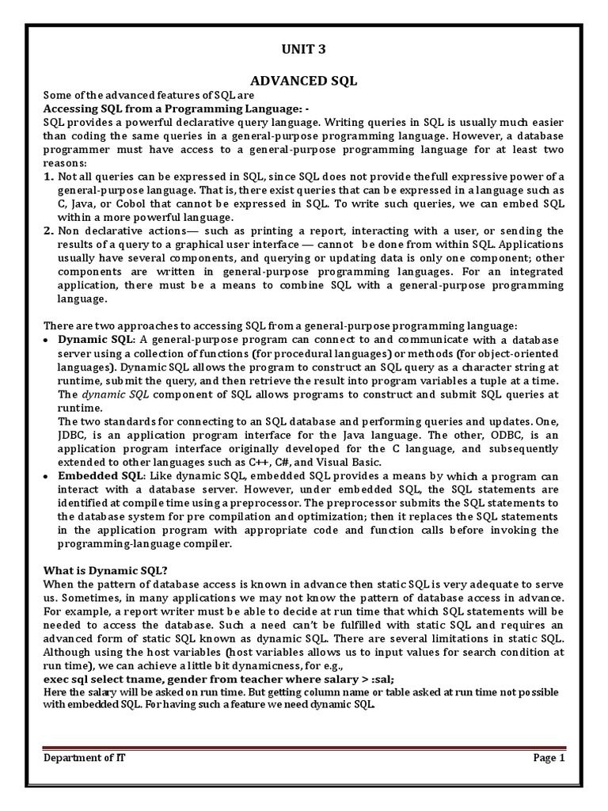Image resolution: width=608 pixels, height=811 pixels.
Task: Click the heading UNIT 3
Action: pos(304,50)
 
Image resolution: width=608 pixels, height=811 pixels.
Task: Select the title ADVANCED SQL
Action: pos(304,81)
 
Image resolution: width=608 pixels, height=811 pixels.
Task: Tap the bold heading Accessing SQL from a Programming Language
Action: pos(171,109)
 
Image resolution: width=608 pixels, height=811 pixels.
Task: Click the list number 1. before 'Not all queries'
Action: pos(47,177)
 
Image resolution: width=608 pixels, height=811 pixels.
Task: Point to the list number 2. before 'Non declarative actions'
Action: pos(47,231)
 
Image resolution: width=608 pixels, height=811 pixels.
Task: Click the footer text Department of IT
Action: pos(84,758)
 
